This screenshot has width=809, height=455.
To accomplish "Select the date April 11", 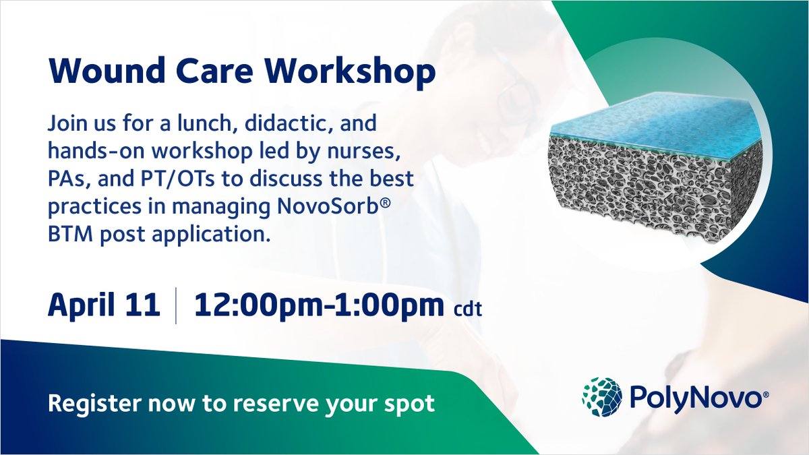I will coord(104,305).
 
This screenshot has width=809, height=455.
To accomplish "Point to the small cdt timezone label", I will coord(467,309).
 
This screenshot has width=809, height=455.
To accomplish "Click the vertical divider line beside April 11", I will coord(176,305).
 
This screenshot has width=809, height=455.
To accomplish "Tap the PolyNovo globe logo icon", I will coord(601,397).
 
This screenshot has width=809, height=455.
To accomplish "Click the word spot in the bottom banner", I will coord(411,404).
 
